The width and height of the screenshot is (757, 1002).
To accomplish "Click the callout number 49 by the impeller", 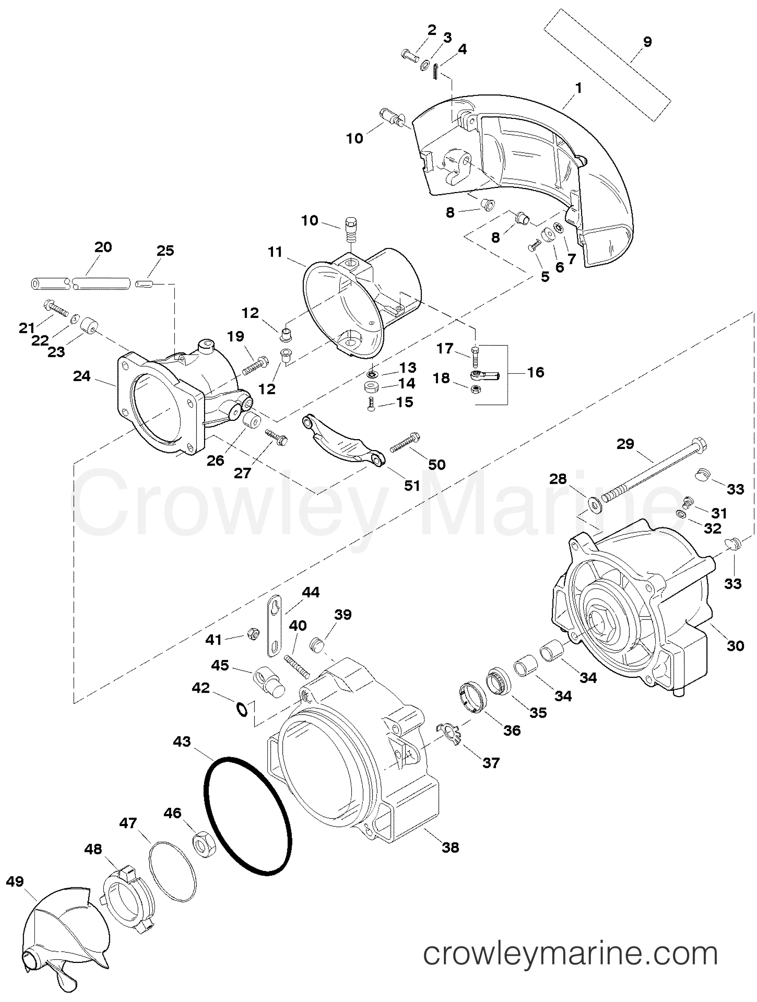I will click(15, 882).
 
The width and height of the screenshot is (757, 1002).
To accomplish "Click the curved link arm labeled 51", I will click(344, 441).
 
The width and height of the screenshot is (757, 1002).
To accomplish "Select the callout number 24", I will click(82, 376).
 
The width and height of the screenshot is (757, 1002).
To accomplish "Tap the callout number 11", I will click(275, 252).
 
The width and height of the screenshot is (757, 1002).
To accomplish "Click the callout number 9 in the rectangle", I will click(648, 42).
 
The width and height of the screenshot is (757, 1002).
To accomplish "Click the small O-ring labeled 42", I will click(242, 709).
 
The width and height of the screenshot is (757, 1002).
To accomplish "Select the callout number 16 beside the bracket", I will click(535, 372).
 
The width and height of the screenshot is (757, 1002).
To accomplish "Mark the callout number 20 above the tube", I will click(103, 247).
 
